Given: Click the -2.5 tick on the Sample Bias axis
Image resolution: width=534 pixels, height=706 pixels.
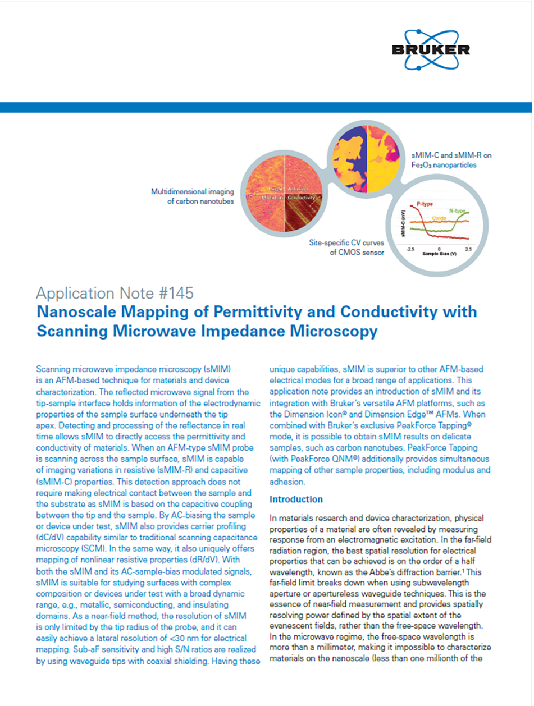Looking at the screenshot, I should [x=412, y=248].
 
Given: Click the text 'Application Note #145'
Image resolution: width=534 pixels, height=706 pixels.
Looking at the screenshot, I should [x=115, y=293].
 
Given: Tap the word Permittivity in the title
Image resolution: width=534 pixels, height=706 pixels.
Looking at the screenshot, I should [x=289, y=312].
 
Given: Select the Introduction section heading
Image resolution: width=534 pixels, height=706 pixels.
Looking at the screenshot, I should [x=296, y=499].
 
